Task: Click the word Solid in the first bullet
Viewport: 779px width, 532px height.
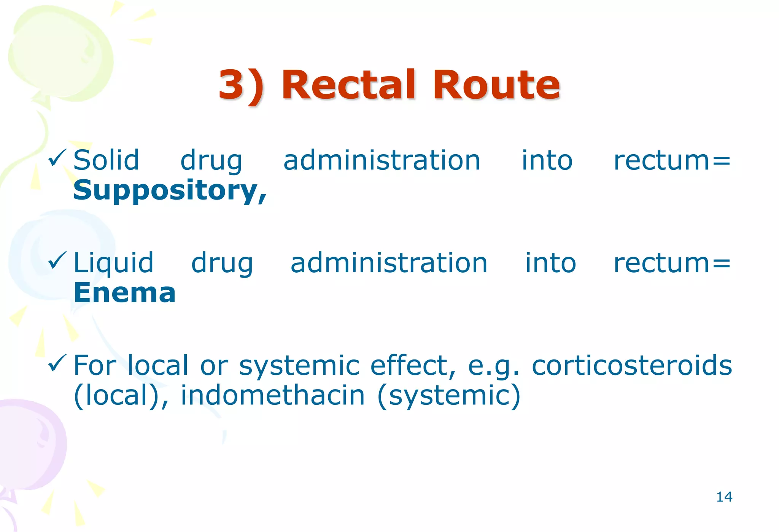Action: tap(106, 160)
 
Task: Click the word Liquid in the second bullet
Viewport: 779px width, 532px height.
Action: tap(113, 263)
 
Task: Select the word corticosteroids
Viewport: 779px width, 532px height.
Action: tap(632, 365)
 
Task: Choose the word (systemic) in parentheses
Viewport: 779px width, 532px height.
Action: tap(449, 396)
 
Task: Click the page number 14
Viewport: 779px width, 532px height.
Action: tap(724, 497)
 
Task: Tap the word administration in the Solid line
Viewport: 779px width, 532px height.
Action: tap(382, 160)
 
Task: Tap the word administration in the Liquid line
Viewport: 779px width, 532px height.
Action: tap(389, 263)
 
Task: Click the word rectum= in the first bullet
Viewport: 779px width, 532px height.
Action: tap(672, 160)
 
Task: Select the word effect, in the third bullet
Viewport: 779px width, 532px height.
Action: tap(413, 365)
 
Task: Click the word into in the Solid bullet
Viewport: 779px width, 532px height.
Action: tap(547, 160)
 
